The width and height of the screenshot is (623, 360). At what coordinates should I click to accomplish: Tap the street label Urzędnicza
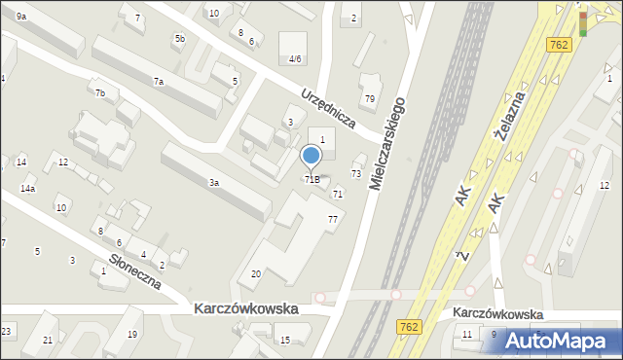pyautogui.click(x=327, y=113)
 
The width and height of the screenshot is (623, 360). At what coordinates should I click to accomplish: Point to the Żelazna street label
pyautogui.click(x=509, y=116)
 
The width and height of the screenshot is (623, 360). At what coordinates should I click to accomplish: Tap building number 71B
pyautogui.click(x=311, y=179)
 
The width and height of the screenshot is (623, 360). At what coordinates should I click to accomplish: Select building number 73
pyautogui.click(x=356, y=173)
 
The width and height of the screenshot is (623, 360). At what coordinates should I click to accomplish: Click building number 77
pyautogui.click(x=333, y=219)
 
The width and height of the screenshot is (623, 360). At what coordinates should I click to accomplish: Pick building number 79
pyautogui.click(x=370, y=99)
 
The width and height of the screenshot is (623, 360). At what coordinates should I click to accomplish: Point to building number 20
pyautogui.click(x=256, y=274)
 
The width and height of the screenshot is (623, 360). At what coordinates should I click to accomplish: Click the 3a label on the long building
pyautogui.click(x=213, y=182)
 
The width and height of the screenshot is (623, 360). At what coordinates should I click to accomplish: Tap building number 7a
pyautogui.click(x=157, y=82)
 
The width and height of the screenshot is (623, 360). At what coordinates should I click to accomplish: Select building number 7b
pyautogui.click(x=99, y=92)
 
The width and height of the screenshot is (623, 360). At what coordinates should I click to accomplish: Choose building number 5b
pyautogui.click(x=179, y=38)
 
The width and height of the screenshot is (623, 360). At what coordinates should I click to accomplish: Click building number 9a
pyautogui.click(x=20, y=17)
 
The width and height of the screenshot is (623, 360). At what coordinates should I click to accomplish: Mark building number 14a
pyautogui.click(x=28, y=188)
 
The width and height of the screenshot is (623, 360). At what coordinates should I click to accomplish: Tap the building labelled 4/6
pyautogui.click(x=294, y=58)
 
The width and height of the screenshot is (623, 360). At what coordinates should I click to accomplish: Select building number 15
pyautogui.click(x=284, y=340)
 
